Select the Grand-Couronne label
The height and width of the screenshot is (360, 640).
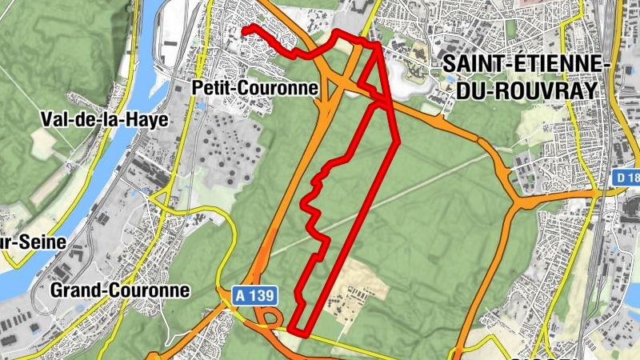pyautogui.click(x=120, y=290)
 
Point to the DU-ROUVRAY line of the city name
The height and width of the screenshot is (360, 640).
pyautogui.click(x=527, y=90)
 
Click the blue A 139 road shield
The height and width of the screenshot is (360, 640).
pyautogui.click(x=255, y=296)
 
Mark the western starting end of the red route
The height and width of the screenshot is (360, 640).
pyautogui.click(x=244, y=30)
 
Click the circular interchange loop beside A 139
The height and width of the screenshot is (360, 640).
pyautogui.click(x=270, y=318)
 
